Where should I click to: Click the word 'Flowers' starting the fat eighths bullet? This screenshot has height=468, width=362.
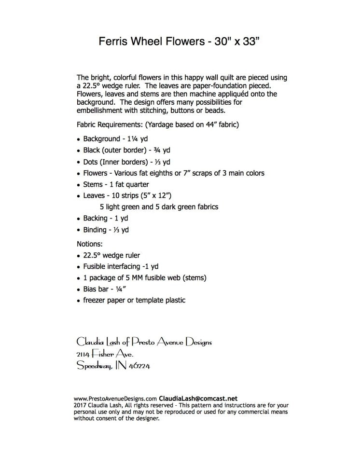click(x=96, y=173)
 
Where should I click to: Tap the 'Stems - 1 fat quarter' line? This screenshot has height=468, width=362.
click(x=116, y=184)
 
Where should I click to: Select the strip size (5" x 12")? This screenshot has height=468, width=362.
click(x=158, y=196)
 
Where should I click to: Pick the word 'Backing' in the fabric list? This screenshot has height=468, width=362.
click(x=96, y=219)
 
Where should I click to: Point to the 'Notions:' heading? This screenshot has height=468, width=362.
click(x=90, y=244)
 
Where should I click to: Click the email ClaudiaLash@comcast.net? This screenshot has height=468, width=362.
click(x=198, y=399)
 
